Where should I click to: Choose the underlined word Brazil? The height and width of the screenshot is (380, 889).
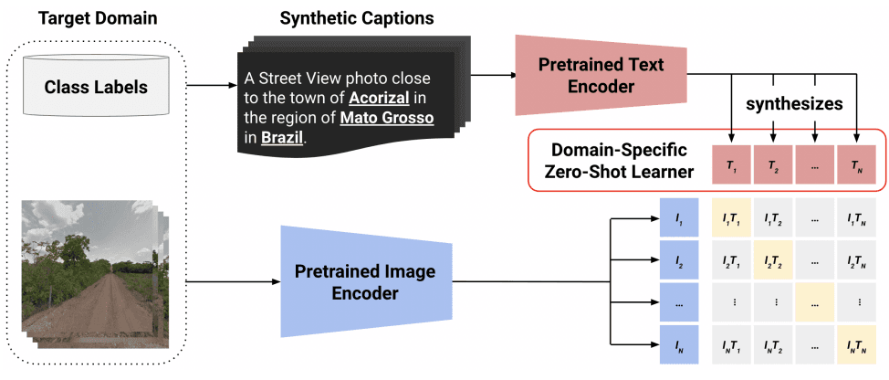click(x=281, y=139)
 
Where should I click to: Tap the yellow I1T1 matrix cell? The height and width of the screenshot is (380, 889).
click(x=730, y=221)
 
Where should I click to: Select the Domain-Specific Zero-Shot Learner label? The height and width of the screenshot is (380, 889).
click(x=615, y=162)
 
